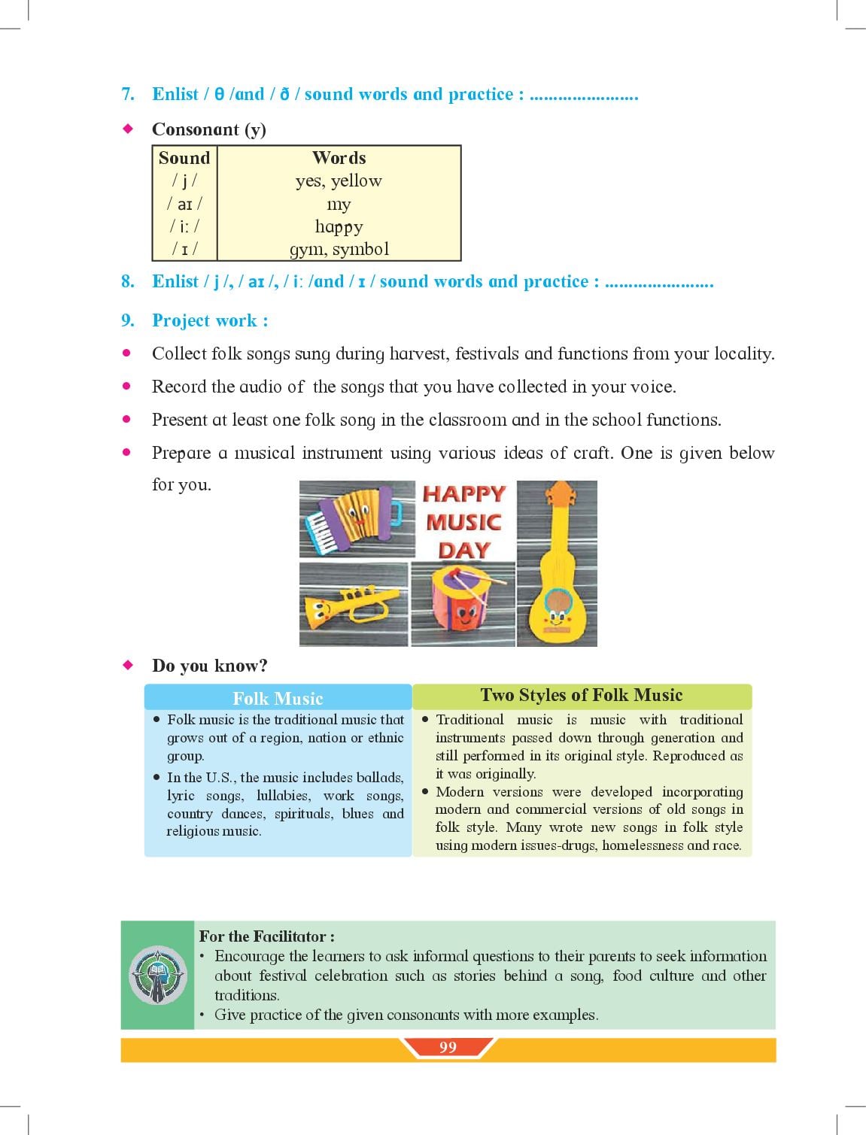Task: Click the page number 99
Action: (x=448, y=1047)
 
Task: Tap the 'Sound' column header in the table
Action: (x=184, y=158)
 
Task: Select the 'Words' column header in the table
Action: (x=339, y=158)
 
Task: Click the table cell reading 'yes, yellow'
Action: (x=339, y=181)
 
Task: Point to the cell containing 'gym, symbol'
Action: (x=339, y=249)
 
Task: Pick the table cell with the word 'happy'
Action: (x=339, y=226)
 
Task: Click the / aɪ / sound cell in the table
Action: (x=184, y=204)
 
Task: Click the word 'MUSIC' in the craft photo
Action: (x=463, y=522)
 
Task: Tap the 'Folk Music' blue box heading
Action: (x=278, y=699)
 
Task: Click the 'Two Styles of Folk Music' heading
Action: (x=582, y=695)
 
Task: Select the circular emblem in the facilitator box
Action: (x=158, y=975)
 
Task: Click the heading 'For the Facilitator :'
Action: (x=267, y=936)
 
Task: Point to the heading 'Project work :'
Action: (x=210, y=320)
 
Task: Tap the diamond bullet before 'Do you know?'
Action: (x=128, y=664)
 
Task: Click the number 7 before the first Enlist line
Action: (x=127, y=94)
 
